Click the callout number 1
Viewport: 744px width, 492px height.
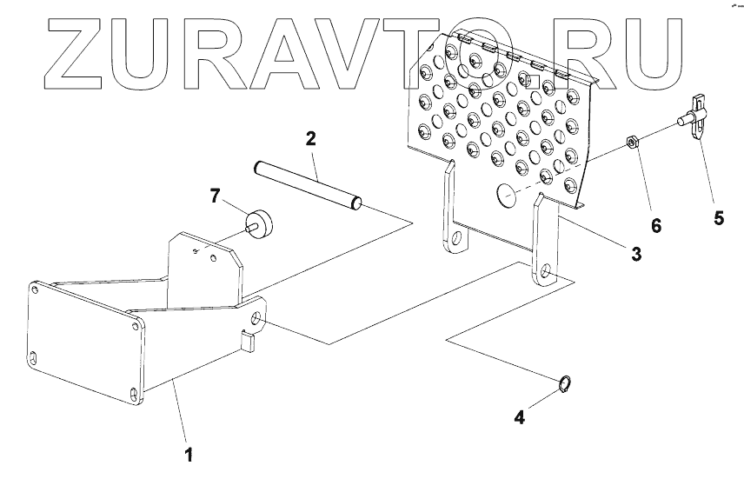coord(187,454)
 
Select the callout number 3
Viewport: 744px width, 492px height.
coord(636,254)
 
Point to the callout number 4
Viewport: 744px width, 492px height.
coord(519,417)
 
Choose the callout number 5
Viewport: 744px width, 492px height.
coord(719,218)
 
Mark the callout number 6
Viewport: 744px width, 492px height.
coord(656,225)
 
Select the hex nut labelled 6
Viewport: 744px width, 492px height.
coord(634,142)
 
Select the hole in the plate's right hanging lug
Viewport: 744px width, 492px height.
coord(545,270)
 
